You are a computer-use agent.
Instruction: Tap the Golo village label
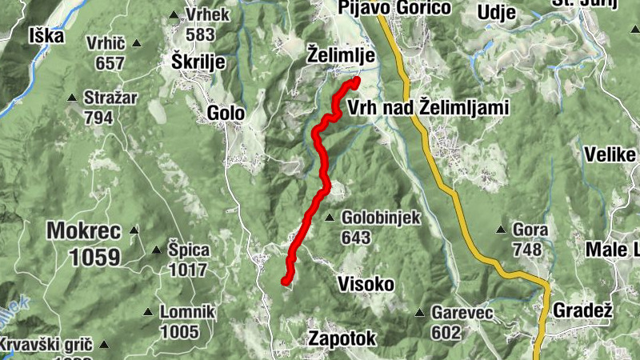point(225,114)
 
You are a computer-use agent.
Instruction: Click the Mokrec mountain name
point(83,232)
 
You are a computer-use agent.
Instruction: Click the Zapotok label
point(342,339)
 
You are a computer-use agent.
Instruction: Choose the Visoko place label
point(366,284)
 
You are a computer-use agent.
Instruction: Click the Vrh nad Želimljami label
point(429,108)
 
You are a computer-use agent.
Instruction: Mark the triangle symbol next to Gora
point(501,230)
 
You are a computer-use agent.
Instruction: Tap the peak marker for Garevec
point(419,313)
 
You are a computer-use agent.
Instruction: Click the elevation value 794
point(98,118)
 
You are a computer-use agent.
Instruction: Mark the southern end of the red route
point(285,281)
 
